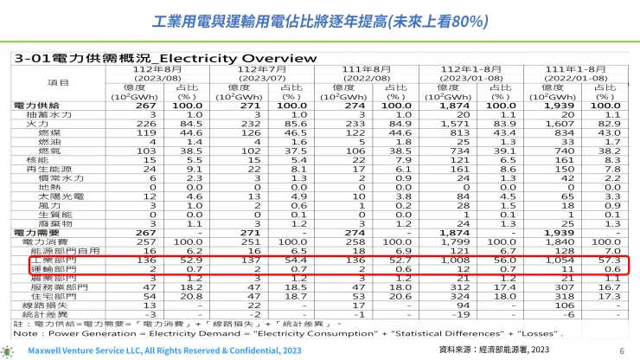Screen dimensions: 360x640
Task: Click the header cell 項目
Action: [x=60, y=82]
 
